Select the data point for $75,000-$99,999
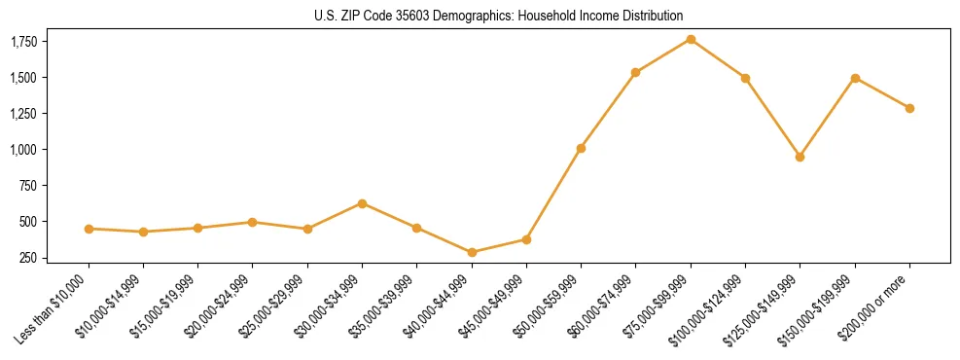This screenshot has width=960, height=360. [x=691, y=39]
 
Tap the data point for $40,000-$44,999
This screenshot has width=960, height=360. [x=472, y=252]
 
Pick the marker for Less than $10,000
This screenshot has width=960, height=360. [x=89, y=229]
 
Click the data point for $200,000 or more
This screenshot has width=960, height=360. [x=909, y=108]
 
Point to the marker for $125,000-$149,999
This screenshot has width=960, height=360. [x=800, y=157]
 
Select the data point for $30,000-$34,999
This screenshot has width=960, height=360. [x=362, y=203]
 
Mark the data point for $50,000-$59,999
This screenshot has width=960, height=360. [x=581, y=148]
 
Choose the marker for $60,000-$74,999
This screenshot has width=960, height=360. [x=635, y=72]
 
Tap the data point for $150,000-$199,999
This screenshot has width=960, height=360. [x=855, y=78]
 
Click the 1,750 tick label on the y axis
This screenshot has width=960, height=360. [x=24, y=42]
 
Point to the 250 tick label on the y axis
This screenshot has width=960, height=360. [x=30, y=258]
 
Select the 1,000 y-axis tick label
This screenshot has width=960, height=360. [x=24, y=150]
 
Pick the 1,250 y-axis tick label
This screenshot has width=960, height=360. [x=24, y=114]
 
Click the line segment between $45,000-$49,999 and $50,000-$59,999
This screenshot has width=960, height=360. [x=553, y=194]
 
